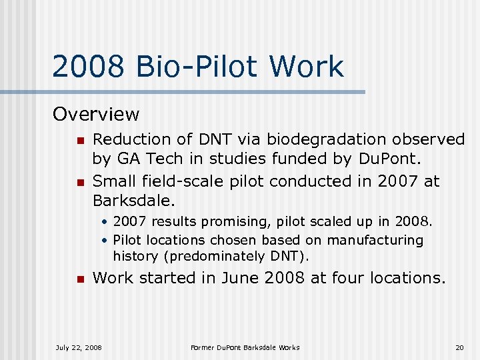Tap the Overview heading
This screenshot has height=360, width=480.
pyautogui.click(x=96, y=115)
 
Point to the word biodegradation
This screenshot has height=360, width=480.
pyautogui.click(x=321, y=139)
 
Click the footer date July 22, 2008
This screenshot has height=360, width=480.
pyautogui.click(x=79, y=347)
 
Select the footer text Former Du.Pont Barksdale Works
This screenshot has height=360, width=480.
pyautogui.click(x=245, y=347)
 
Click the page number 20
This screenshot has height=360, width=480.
pyautogui.click(x=459, y=347)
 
